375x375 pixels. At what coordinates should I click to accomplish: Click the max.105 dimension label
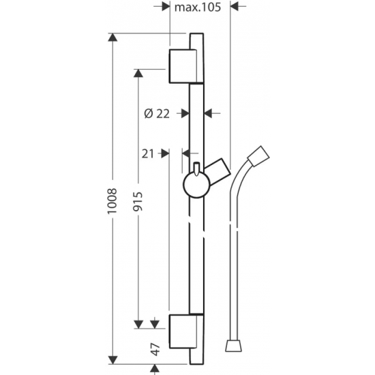pos(198,7)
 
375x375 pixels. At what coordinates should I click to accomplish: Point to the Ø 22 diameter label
pos(157,114)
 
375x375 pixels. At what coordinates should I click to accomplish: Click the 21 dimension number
pos(149,153)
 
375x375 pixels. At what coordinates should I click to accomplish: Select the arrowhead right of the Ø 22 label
pos(209,114)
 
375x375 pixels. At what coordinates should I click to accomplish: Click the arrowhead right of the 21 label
pos(164,153)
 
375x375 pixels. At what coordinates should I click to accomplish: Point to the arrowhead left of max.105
pos(164,7)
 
